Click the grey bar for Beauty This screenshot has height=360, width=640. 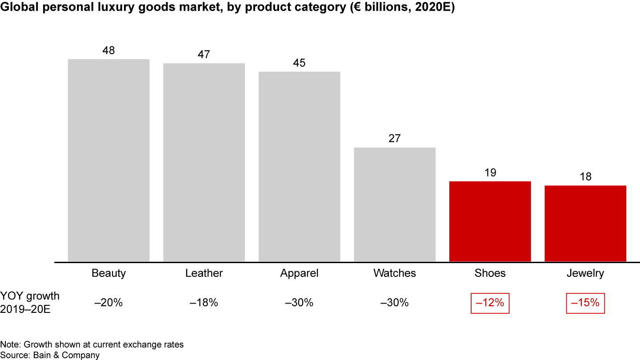coord(108,160)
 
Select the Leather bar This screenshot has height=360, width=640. coord(204,162)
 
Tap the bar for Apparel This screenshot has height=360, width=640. coord(300,166)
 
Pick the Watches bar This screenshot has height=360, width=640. coord(395,204)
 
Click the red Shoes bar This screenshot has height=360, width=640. coord(490,221)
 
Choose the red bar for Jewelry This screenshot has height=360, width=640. coord(585,223)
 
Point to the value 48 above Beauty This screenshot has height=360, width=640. coord(108,51)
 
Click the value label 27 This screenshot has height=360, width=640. coord(395,139)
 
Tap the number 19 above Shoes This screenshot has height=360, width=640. coord(490,172)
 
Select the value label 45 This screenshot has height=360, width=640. coord(300,63)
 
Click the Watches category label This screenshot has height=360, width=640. coord(395,273)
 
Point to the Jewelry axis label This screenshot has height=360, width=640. coord(585,273)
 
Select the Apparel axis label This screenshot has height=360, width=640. coord(300,273)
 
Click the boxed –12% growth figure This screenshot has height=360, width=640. coord(490,303)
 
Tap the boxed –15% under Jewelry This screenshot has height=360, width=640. coord(585,303)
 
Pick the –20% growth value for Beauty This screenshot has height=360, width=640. coord(108,303)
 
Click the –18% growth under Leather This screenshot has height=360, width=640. coord(204,303)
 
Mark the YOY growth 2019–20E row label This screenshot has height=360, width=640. coord(30,303)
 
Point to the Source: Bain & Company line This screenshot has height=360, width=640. coord(50,355)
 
